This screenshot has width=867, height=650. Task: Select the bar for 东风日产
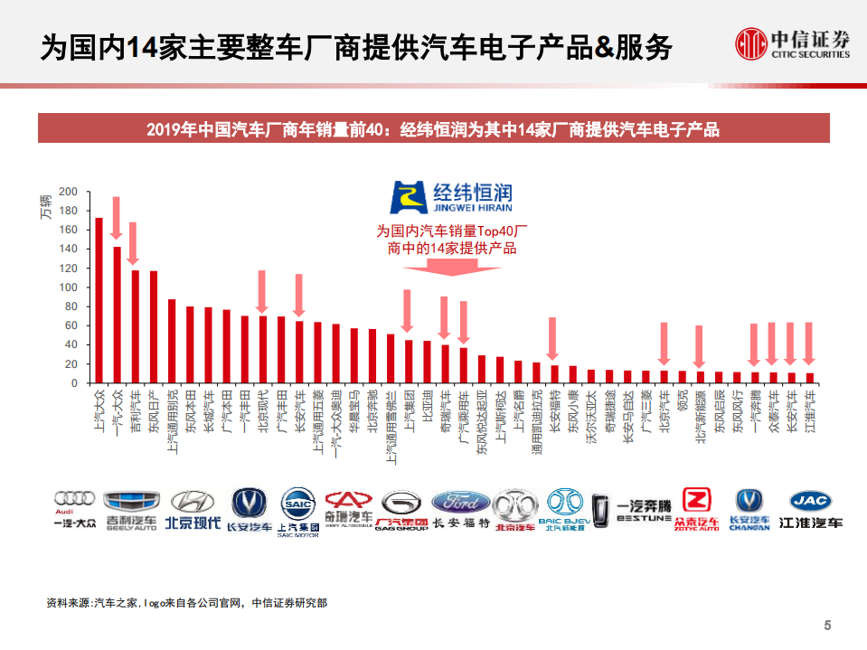153,326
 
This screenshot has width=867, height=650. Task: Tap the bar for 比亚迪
427,362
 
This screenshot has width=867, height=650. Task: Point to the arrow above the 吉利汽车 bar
134,244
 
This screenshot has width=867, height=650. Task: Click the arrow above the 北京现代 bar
262,293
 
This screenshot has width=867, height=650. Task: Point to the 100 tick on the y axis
69,287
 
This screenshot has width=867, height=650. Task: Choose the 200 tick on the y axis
69,192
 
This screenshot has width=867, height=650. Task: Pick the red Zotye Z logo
696,500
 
